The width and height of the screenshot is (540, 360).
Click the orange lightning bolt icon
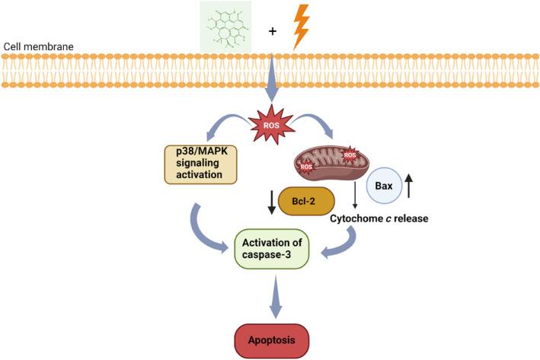pyautogui.click(x=302, y=27)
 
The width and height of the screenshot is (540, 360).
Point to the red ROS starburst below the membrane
pyautogui.click(x=270, y=125)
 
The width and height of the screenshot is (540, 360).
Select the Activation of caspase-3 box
pyautogui.click(x=272, y=248)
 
